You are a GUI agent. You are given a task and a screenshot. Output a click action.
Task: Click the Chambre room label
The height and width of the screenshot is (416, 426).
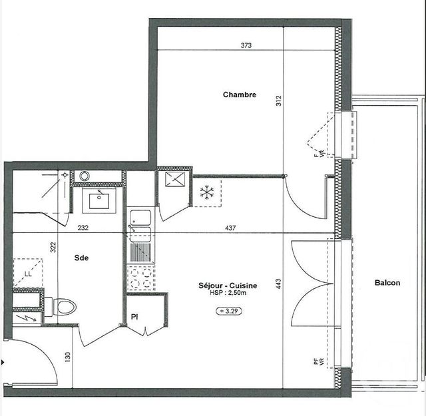[239, 95]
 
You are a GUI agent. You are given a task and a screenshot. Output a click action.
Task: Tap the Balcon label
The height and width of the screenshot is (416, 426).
[387, 283]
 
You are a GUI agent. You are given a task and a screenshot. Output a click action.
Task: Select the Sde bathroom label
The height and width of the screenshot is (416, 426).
[82, 258]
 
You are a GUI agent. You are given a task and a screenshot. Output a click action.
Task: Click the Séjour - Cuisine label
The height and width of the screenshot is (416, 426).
[228, 286]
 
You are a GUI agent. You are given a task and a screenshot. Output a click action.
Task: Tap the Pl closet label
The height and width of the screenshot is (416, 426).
[134, 317]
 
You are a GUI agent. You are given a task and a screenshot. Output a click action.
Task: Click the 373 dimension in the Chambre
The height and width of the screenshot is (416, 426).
[246, 46]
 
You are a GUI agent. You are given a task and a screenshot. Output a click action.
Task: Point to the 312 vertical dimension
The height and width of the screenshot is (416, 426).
[279, 101]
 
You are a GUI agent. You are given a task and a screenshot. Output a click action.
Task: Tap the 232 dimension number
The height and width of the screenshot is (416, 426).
[83, 228]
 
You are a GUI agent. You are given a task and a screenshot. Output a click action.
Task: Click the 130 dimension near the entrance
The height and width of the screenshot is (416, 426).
[67, 356]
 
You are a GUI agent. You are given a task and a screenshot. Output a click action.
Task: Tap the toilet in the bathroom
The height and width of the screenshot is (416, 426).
[64, 307]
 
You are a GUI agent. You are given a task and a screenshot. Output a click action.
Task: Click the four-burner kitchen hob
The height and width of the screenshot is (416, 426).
[140, 278]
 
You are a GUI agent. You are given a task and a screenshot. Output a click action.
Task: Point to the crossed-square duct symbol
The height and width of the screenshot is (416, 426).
[173, 180]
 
